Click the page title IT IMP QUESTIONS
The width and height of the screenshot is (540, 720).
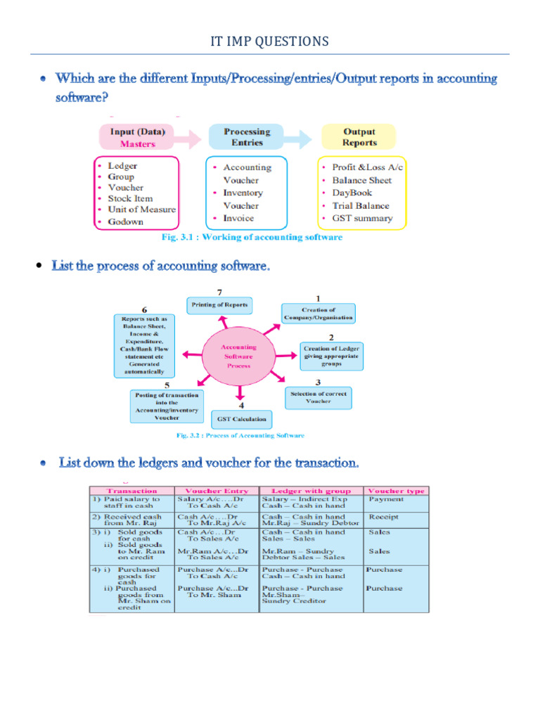[269, 41]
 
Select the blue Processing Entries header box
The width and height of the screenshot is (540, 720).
[246, 137]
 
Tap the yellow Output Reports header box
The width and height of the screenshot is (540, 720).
[359, 137]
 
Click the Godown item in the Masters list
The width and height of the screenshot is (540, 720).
[125, 221]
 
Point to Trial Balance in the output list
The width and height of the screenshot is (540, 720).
[360, 206]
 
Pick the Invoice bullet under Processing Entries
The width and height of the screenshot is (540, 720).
[238, 218]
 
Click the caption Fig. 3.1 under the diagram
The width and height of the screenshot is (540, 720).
[252, 238]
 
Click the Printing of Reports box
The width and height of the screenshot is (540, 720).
[220, 305]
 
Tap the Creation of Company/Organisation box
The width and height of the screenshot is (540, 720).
[319, 314]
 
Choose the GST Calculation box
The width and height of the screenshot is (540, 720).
[241, 420]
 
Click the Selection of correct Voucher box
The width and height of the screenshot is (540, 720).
[319, 397]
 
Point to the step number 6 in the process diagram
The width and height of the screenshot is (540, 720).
[144, 309]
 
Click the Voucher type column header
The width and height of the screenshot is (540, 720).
[396, 491]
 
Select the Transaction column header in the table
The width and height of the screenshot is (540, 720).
[131, 491]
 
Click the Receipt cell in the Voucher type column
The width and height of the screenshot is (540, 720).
[384, 517]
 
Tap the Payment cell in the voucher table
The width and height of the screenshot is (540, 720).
[386, 499]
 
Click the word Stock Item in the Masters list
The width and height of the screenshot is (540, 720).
[130, 199]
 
